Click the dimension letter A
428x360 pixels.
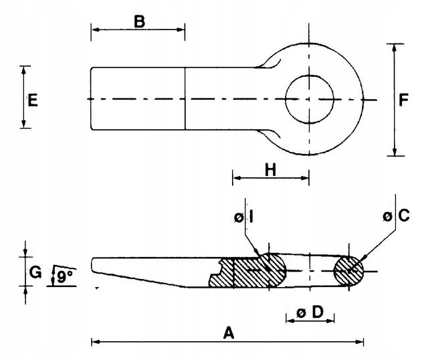click(229, 333)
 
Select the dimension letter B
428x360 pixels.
click(139, 21)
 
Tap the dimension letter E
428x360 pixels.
click(33, 100)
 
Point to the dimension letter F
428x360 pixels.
click(403, 100)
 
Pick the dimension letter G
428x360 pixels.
click(35, 272)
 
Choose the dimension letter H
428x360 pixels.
click(270, 169)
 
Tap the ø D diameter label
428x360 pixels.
click(310, 312)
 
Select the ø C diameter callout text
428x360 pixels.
click(397, 215)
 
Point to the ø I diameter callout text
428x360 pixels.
click(244, 217)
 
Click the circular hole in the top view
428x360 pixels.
click(310, 100)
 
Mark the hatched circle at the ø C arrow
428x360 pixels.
click(349, 271)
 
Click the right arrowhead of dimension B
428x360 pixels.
click(181, 29)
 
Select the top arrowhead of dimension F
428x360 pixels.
click(394, 48)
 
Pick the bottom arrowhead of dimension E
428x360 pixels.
click(24, 124)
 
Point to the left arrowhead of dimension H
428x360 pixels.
click(237, 178)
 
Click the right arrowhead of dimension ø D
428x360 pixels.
click(330, 321)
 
